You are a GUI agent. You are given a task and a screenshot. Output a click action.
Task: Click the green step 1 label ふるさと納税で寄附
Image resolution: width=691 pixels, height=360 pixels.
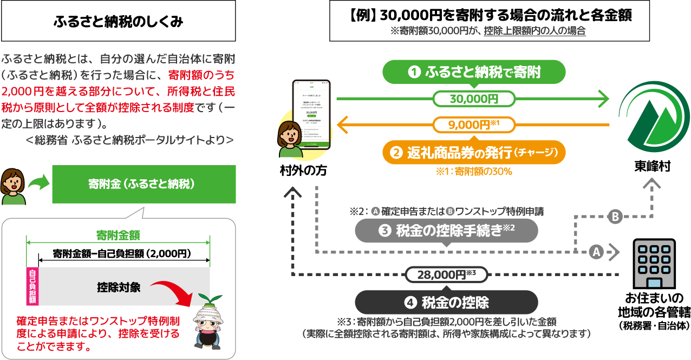(x=474, y=72)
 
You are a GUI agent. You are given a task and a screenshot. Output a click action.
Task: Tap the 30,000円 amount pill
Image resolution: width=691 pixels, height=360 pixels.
(x=474, y=99)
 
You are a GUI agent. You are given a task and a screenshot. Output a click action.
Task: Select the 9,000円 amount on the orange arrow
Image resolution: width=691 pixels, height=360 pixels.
(x=474, y=125)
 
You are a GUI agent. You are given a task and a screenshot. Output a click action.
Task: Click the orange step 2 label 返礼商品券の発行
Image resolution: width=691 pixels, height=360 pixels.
(x=474, y=153)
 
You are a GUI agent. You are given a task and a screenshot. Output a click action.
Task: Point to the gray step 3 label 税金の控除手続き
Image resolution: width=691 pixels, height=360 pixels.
(x=446, y=232)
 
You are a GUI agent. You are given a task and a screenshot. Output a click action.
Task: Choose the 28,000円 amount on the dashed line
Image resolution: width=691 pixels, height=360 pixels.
(x=446, y=274)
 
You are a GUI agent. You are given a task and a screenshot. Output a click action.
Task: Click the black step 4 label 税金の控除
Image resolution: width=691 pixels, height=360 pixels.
(x=446, y=302)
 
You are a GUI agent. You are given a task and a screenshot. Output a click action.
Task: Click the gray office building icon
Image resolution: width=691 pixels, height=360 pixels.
(x=654, y=263)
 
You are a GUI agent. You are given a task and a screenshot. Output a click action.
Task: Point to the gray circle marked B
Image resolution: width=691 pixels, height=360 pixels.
(x=615, y=217)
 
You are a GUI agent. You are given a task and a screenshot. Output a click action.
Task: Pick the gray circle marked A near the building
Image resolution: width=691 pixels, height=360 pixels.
(x=596, y=252)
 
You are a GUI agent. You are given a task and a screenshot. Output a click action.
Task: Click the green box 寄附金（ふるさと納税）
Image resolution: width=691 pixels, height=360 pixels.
(x=144, y=184)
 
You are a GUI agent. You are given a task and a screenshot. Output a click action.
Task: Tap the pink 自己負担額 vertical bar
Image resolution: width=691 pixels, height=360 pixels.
(x=32, y=286)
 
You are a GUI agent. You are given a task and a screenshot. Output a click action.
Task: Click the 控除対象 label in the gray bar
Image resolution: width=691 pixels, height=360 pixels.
(x=119, y=287)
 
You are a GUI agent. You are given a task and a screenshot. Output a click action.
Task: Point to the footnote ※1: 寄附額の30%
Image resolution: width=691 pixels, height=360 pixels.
(x=474, y=171)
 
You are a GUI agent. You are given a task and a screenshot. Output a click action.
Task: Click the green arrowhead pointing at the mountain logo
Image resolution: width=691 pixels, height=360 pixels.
(x=603, y=99)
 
